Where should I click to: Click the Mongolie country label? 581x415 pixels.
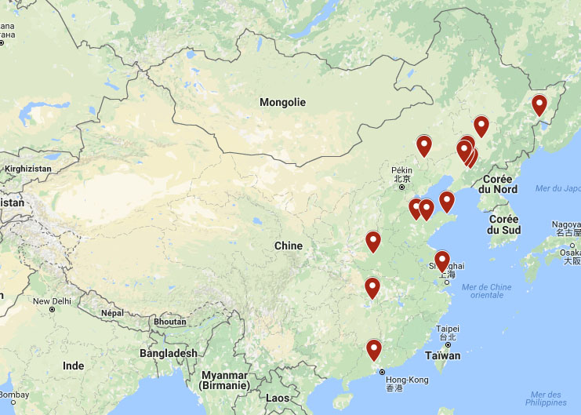point(282,102)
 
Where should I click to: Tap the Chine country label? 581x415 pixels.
point(288,246)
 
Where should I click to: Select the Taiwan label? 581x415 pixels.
point(443,355)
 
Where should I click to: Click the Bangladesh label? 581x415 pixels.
point(169,354)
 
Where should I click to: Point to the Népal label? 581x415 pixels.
point(113,313)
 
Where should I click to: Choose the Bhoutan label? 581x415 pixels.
point(170,322)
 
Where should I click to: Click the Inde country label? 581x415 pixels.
point(73,366)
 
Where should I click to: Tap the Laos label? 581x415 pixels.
point(278,398)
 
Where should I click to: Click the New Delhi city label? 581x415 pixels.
point(52,301)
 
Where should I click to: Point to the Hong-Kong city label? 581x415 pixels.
point(407,380)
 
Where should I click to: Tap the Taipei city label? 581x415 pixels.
point(447,329)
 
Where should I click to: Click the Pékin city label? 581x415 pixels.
point(401,169)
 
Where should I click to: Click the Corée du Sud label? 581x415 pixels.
point(503,224)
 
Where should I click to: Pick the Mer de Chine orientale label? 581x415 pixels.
point(486,291)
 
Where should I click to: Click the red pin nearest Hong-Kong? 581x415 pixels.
point(374,350)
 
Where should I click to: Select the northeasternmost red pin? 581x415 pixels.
point(539,105)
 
